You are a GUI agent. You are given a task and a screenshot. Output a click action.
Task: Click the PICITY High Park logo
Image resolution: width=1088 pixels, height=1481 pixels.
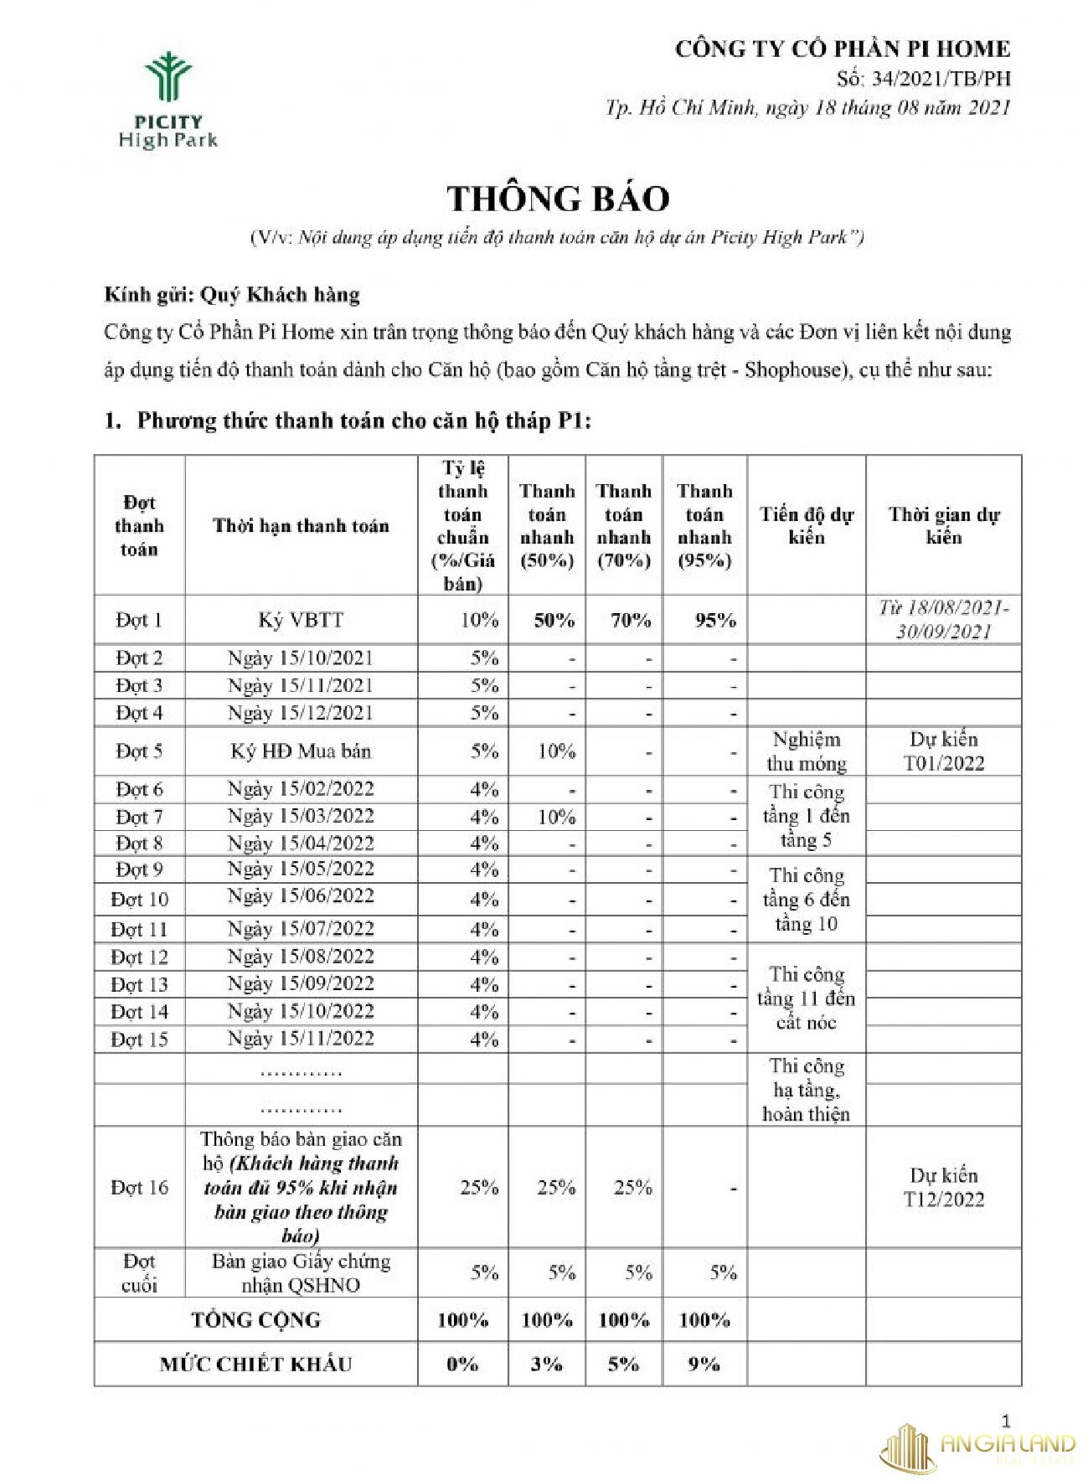point(168,101)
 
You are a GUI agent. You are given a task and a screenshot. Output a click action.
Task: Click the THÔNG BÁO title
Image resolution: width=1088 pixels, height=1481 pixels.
point(558,199)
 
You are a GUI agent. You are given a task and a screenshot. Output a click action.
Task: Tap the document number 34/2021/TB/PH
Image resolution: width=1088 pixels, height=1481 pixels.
point(924,79)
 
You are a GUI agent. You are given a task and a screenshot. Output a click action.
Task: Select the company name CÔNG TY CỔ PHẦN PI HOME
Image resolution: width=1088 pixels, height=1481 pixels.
point(843,49)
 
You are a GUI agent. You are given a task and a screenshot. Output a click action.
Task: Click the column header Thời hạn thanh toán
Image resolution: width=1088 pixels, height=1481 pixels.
point(301,526)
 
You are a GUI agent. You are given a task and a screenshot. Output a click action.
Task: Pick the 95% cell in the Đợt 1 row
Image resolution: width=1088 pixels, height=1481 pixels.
point(714,621)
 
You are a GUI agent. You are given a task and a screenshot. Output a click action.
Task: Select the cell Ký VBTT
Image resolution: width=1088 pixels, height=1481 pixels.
point(301,621)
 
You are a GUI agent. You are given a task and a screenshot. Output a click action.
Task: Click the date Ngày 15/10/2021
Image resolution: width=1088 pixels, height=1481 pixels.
point(301,658)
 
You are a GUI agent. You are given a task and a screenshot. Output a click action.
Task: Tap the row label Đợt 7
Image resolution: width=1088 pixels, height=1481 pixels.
point(139,817)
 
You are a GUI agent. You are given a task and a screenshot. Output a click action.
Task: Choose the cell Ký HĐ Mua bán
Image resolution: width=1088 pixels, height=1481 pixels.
point(301,751)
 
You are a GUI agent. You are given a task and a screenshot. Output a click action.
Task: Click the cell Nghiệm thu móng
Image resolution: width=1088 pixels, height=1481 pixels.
point(806,751)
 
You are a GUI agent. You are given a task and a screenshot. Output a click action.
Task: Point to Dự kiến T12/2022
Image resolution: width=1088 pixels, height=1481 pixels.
point(943,1187)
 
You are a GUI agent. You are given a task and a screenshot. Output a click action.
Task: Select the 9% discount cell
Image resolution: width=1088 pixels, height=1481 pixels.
point(704,1365)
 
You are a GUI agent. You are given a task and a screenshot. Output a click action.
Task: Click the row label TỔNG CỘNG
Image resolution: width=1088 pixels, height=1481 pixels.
point(255,1320)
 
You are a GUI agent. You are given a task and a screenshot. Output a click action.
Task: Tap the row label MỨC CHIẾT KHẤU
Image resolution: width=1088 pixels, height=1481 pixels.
point(255,1365)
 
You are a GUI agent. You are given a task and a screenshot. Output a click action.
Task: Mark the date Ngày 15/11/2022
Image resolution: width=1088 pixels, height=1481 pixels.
point(301,1039)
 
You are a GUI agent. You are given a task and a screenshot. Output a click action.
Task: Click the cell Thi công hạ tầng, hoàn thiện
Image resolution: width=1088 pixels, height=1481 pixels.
point(806,1090)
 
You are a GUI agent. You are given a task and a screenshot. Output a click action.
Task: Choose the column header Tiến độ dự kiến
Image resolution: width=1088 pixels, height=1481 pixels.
point(806,526)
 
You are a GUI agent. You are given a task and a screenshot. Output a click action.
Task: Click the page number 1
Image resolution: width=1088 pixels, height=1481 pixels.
point(1006,1421)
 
